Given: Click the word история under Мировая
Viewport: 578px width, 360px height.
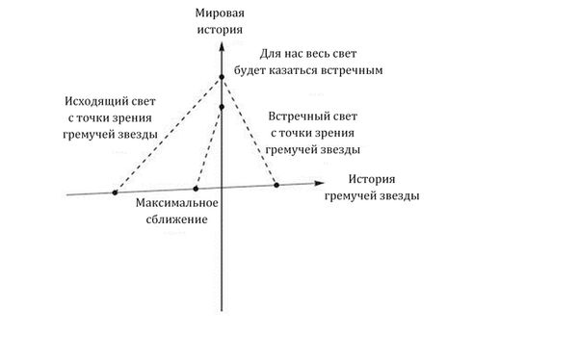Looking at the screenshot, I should pyautogui.click(x=222, y=30).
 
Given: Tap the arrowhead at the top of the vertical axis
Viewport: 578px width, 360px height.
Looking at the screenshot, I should pyautogui.click(x=222, y=42).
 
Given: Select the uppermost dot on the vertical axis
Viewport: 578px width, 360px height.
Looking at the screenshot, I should pyautogui.click(x=222, y=76).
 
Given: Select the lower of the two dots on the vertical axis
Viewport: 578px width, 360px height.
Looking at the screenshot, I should pyautogui.click(x=222, y=107).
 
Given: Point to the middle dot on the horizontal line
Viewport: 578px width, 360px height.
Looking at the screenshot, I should pyautogui.click(x=196, y=188).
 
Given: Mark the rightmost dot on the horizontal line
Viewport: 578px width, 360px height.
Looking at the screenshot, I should pyautogui.click(x=277, y=184).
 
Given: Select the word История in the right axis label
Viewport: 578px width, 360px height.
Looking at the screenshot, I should pyautogui.click(x=373, y=180).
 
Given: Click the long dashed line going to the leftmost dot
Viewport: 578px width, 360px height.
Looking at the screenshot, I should pyautogui.click(x=168, y=134).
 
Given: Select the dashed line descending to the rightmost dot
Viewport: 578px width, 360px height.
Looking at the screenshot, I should pyautogui.click(x=250, y=130).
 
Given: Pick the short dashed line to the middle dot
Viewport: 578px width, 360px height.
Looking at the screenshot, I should pyautogui.click(x=208, y=147).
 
